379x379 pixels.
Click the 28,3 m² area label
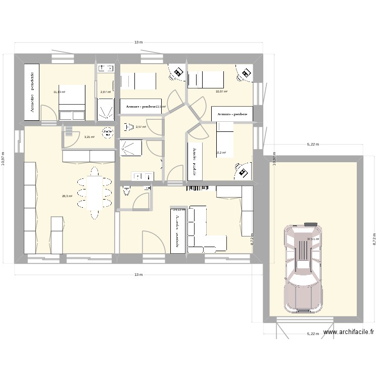click(67, 197)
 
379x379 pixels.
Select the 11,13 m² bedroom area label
click(59, 92)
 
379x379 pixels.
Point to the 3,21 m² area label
click(89, 137)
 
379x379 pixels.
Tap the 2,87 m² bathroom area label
click(106, 92)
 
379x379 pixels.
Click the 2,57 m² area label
click(140, 127)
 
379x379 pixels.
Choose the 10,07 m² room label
click(221, 92)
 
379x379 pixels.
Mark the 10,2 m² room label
click(221, 153)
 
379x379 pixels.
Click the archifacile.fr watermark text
click(349, 332)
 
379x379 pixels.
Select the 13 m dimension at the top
click(138, 42)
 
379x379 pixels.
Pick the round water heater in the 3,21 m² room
click(107, 133)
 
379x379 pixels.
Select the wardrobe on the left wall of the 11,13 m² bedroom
click(32, 92)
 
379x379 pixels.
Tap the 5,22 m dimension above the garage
click(313, 145)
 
